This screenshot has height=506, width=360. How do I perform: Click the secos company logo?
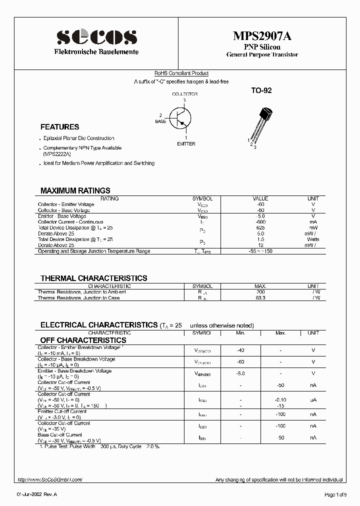(x=96, y=36)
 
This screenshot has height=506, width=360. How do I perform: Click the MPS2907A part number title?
(x=262, y=36)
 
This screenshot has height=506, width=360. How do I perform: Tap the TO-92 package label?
(x=261, y=91)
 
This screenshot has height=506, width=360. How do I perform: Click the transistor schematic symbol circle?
(x=180, y=118)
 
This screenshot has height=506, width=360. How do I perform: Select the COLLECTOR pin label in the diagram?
(x=184, y=94)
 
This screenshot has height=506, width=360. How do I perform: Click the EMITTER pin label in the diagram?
(x=186, y=144)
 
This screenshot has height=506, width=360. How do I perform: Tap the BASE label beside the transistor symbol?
(x=160, y=121)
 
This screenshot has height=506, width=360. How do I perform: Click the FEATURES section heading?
(x=59, y=127)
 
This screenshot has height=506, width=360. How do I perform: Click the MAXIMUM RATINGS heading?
(x=75, y=190)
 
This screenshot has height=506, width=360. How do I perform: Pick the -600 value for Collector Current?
(x=260, y=222)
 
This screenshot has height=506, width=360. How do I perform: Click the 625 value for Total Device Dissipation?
(x=260, y=227)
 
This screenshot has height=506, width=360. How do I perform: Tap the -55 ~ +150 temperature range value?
(x=260, y=251)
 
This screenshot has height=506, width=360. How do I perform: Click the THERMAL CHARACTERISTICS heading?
(x=93, y=278)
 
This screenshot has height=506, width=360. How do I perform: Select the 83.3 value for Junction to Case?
(x=260, y=298)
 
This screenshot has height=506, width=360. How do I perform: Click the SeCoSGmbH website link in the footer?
(x=49, y=479)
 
